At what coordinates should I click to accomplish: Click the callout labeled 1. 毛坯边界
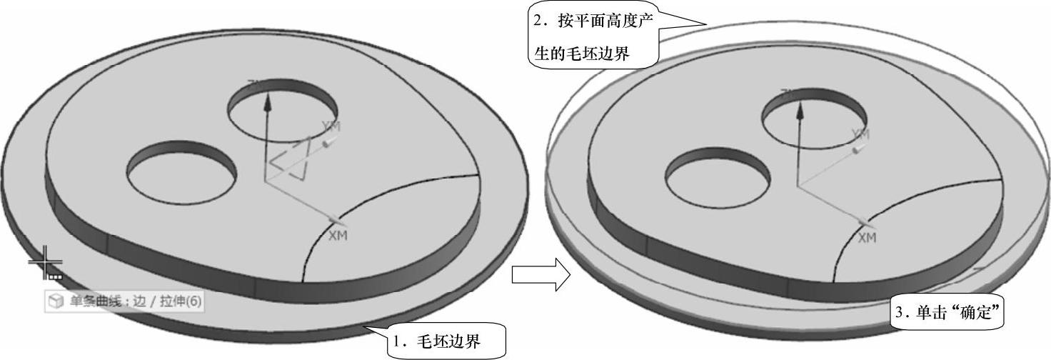tap(446, 342)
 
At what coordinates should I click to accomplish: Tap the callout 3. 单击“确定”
tap(949, 312)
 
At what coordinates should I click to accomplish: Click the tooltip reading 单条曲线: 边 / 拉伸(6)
tap(125, 301)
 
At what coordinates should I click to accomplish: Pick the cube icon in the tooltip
tap(56, 301)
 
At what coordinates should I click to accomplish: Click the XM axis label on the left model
tap(338, 236)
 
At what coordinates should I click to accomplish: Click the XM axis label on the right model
tap(866, 238)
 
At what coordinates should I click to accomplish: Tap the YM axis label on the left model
tap(331, 126)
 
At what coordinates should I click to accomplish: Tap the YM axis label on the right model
tap(861, 134)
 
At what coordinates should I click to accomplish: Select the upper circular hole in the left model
tap(283, 115)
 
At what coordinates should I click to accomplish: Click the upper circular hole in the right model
tap(815, 120)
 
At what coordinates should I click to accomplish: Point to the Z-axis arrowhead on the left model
tap(268, 102)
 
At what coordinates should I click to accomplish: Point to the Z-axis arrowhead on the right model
tap(798, 108)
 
